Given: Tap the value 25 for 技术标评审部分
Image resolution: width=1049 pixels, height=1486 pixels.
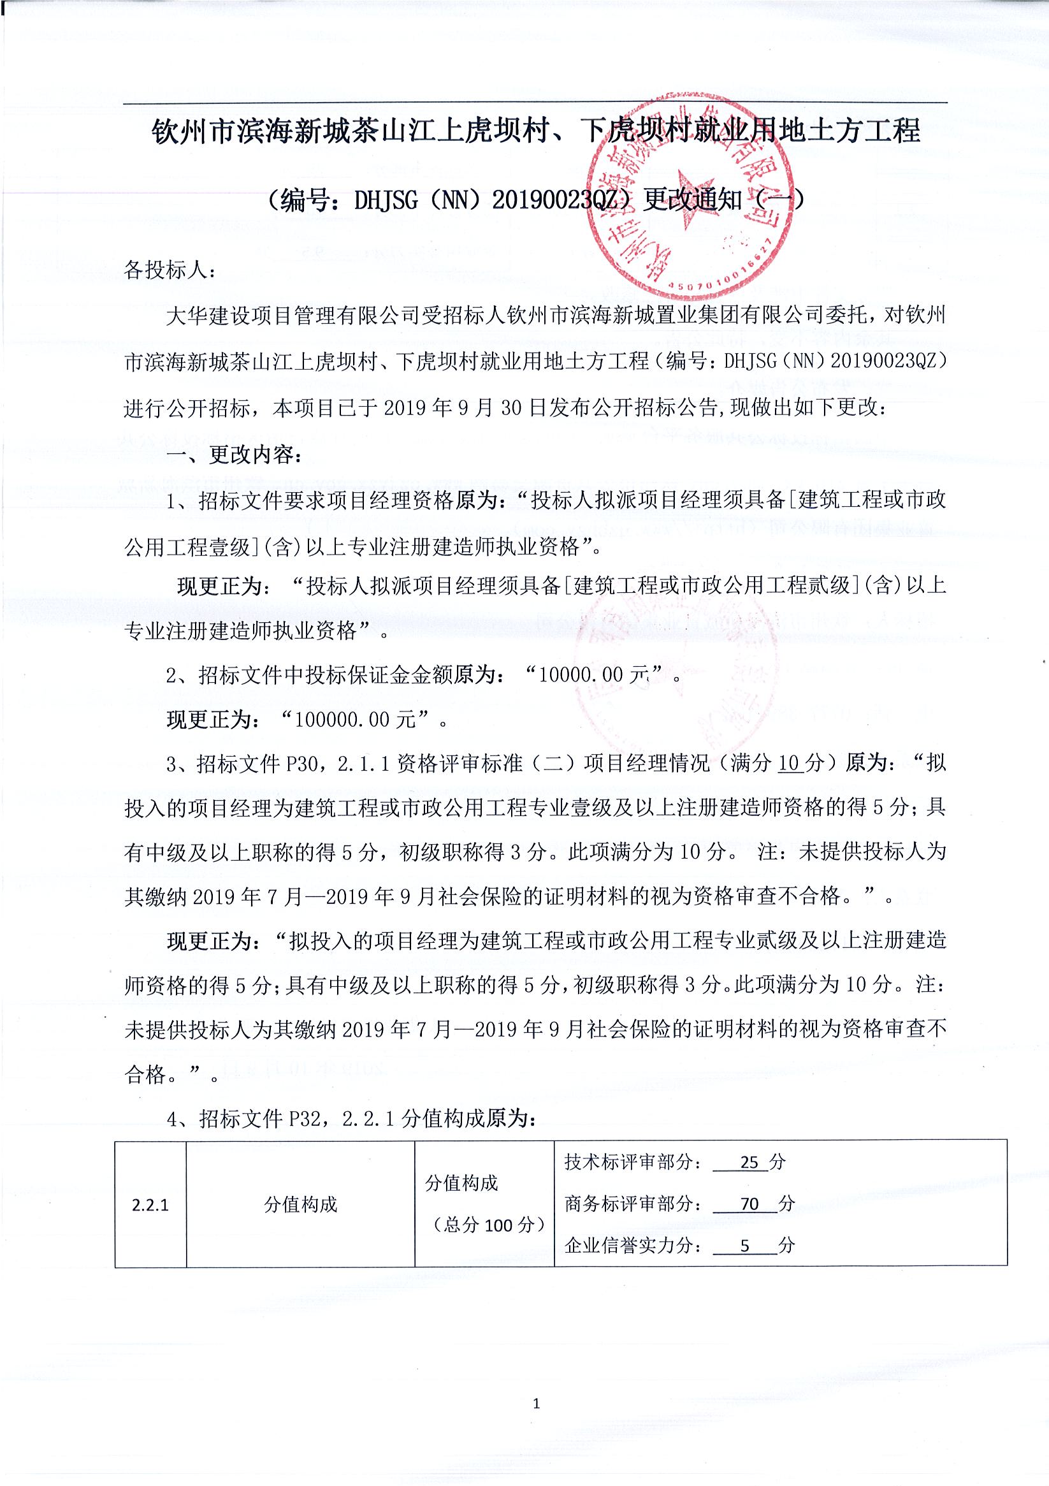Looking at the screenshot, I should (x=749, y=1162).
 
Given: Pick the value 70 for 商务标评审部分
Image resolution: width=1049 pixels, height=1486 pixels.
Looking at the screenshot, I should (x=749, y=1204).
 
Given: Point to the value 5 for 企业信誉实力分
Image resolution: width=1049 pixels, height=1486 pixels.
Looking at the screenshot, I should (x=745, y=1246).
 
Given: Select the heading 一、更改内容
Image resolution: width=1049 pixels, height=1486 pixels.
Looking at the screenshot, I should (x=234, y=455).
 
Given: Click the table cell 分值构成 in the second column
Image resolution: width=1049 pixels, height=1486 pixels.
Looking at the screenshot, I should (x=300, y=1204).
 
